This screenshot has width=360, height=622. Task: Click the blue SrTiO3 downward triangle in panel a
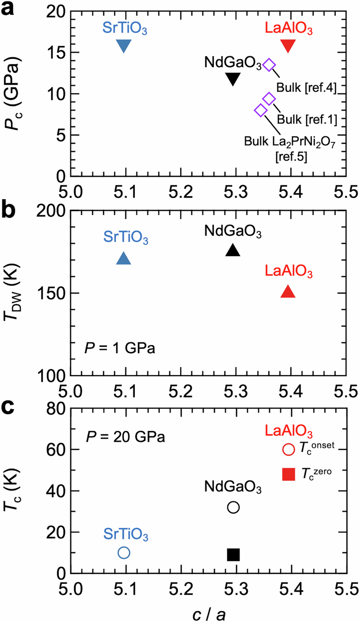coord(124,45)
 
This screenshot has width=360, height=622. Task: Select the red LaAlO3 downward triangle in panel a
coord(288,45)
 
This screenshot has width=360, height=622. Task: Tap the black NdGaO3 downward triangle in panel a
coord(233,78)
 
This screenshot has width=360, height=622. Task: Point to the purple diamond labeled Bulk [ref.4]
coord(269,65)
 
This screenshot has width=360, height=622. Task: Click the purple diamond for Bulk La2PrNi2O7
coord(261,110)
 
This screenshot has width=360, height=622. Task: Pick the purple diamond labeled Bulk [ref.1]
coord(269,99)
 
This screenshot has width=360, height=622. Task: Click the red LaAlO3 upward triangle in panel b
coord(288,291)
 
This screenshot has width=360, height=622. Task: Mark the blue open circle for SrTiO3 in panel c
coord(124,553)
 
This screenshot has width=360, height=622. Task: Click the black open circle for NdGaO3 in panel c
coord(233,507)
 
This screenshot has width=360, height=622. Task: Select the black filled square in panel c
coord(233,555)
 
